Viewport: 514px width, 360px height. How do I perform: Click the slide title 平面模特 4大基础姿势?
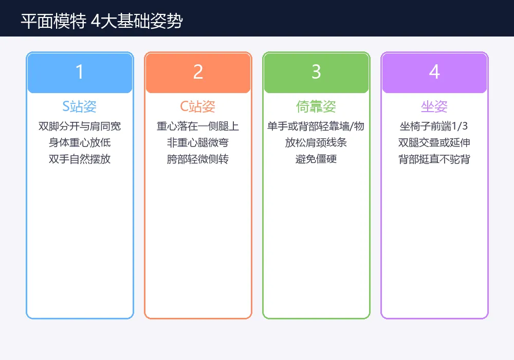click(101, 21)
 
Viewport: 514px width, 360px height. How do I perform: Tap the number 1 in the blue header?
click(80, 73)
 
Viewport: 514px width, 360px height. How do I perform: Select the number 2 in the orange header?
click(198, 73)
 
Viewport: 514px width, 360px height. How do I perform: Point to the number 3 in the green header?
click(316, 73)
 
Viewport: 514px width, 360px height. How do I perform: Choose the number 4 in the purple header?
click(434, 73)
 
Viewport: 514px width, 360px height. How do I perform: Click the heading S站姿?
click(80, 107)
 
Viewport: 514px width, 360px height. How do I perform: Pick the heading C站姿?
click(198, 107)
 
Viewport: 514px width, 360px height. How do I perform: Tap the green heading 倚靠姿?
click(316, 107)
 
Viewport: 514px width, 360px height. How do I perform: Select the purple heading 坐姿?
click(434, 107)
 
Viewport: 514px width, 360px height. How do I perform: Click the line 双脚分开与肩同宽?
click(80, 127)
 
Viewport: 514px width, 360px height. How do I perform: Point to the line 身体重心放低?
click(80, 143)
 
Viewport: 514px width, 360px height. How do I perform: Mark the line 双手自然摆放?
click(80, 159)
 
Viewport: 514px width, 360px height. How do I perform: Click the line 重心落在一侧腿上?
click(198, 127)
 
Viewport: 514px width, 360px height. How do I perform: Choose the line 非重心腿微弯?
click(198, 143)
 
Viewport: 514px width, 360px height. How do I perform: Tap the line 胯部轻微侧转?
click(198, 159)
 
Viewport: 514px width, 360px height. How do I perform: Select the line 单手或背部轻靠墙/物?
click(316, 127)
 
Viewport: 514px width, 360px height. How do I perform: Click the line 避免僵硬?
click(316, 159)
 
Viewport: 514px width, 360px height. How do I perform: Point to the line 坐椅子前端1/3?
click(434, 127)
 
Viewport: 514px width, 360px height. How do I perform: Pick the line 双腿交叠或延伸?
click(434, 143)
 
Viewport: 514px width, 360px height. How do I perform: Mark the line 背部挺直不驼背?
click(434, 159)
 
